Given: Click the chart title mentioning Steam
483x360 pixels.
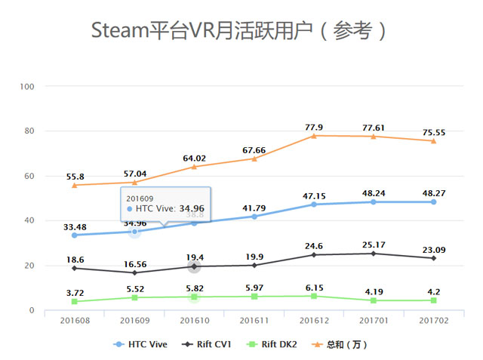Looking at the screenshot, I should click(240, 31).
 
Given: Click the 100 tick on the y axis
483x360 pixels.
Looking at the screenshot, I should click(28, 87).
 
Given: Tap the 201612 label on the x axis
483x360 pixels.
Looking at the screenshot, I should click(313, 320).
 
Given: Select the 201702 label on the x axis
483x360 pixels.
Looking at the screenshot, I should click(433, 320).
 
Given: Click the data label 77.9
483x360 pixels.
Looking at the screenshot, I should click(313, 128).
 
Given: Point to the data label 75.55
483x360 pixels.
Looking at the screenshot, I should click(433, 133).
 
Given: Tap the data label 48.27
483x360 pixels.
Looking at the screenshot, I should click(433, 193).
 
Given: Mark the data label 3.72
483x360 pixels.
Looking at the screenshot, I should click(75, 293).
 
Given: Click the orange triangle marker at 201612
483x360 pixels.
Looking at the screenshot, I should click(313, 136).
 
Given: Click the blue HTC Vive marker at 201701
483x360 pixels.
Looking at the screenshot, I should click(374, 202).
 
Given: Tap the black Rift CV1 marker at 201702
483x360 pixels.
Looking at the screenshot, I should click(433, 258).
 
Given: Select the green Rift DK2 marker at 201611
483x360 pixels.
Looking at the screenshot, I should click(254, 297).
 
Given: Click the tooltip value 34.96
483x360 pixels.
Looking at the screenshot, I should click(191, 208).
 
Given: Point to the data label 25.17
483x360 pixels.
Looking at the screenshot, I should click(374, 245).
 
